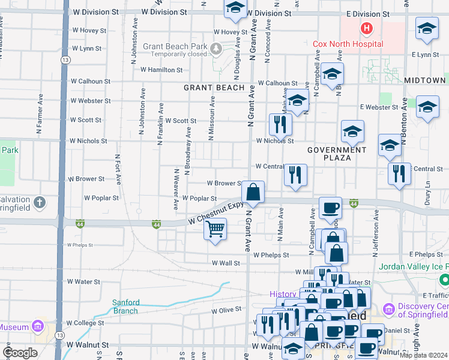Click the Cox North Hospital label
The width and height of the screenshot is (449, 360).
(348, 44)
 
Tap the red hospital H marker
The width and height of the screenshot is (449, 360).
(365, 28)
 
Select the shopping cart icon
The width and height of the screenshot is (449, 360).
(215, 229)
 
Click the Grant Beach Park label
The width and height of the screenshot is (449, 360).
(175, 46)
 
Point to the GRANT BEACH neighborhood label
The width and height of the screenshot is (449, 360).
(214, 88)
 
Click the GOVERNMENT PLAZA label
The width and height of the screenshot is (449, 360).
(337, 154)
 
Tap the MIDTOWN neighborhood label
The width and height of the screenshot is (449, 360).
(425, 80)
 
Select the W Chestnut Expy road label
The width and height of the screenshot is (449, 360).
(215, 212)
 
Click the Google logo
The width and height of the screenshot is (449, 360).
(20, 353)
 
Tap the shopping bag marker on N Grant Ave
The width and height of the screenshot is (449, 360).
(253, 193)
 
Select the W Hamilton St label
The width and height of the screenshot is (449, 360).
(161, 70)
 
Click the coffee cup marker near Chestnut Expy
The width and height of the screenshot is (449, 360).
(330, 208)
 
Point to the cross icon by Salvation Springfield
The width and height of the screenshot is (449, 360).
(40, 202)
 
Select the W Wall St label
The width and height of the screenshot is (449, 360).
(226, 263)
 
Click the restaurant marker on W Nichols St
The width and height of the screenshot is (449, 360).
(280, 124)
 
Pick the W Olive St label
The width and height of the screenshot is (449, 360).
(226, 310)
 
